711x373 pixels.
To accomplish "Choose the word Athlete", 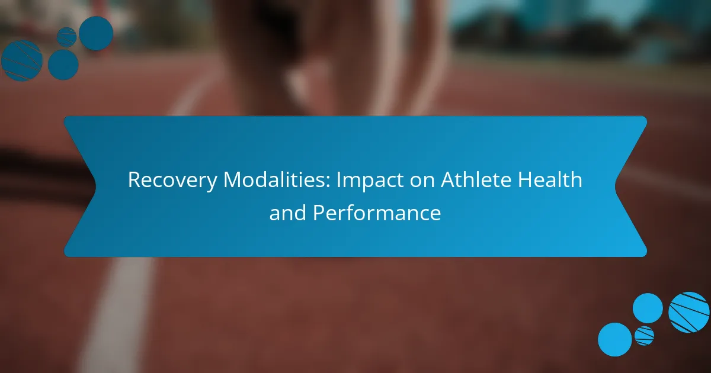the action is click(x=476, y=179).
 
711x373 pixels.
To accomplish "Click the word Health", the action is click(x=550, y=179).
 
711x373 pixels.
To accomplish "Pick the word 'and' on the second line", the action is click(x=288, y=213).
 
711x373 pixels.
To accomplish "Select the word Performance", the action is click(x=377, y=213).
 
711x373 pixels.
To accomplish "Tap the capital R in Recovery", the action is click(x=134, y=180).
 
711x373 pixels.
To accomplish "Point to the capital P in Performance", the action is click(x=319, y=213).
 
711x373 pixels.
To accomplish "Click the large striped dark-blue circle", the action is click(x=22, y=60).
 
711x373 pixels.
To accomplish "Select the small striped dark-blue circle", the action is click(x=66, y=37).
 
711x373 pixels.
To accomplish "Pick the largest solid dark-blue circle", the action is click(x=96, y=33).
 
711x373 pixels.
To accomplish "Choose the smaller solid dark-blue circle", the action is click(x=63, y=65).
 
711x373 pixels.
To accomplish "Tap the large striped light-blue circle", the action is click(x=688, y=312).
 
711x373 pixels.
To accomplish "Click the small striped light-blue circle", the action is click(x=645, y=336).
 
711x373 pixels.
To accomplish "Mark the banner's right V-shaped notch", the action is click(x=615, y=186).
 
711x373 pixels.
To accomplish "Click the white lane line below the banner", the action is click(x=117, y=314).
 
